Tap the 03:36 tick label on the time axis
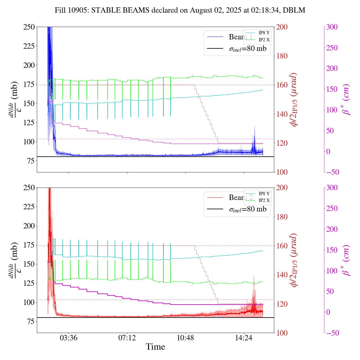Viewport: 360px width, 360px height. point(69,337)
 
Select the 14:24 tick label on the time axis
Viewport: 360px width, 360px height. point(244,337)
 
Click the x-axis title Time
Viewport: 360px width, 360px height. point(155,347)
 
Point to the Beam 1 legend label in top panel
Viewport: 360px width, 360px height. point(240,37)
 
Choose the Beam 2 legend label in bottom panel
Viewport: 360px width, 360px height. point(240,198)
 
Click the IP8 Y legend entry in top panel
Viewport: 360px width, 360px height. point(264,33)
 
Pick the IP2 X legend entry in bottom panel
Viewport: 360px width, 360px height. point(264,201)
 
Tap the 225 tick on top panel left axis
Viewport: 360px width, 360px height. point(29,46)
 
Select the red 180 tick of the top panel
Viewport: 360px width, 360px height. point(282,56)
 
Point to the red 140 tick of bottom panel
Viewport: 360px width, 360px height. point(282,275)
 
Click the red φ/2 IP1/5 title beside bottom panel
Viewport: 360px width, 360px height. point(294,260)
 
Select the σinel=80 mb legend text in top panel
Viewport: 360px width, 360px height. point(247,49)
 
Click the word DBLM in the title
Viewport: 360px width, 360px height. point(294,10)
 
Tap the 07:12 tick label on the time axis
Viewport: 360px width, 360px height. point(127,337)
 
